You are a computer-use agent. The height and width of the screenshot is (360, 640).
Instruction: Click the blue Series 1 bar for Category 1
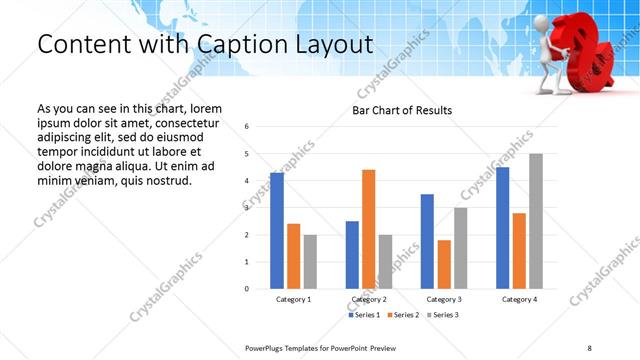pos(277,231)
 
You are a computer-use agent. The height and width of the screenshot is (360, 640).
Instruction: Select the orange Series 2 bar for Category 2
pos(369,229)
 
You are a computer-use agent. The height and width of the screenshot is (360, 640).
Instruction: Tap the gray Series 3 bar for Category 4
pos(536,221)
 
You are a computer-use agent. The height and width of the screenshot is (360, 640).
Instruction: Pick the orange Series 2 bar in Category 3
pos(445,264)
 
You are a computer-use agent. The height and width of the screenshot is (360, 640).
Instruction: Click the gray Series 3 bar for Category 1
pos(310,262)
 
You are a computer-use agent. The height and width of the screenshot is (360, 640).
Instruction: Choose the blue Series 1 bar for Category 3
pos(428,241)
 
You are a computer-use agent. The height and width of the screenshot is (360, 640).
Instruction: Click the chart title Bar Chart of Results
pos(403,110)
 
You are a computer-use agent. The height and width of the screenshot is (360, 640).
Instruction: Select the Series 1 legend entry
pos(364,315)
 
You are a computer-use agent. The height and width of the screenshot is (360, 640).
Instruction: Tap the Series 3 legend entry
pos(441,315)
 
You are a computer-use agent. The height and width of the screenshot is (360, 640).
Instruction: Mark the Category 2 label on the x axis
pos(369,299)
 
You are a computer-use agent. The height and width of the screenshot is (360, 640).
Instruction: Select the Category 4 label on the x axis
pos(519,299)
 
